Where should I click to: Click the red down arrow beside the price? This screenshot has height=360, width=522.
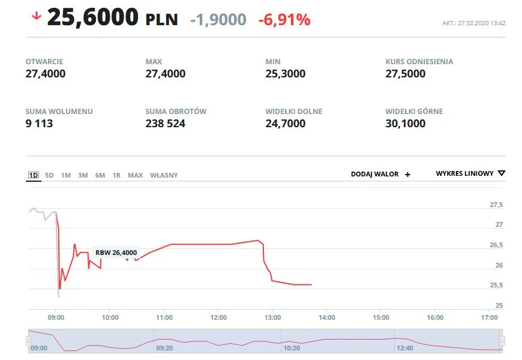click(x=36, y=16)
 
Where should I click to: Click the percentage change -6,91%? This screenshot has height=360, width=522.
click(x=284, y=20)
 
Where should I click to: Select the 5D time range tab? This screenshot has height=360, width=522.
click(x=49, y=175)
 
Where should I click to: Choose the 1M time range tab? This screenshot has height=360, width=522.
click(x=66, y=175)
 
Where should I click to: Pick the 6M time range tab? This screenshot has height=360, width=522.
click(x=100, y=175)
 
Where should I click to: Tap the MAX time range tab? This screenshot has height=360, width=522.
click(x=135, y=175)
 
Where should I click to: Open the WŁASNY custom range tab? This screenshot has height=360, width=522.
click(x=164, y=175)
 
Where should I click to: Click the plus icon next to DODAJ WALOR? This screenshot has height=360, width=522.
click(x=408, y=175)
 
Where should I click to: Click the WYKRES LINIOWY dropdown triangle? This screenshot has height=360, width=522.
click(x=502, y=173)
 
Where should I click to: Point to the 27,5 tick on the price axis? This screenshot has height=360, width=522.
click(x=496, y=205)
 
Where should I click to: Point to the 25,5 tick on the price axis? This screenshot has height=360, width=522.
click(x=496, y=285)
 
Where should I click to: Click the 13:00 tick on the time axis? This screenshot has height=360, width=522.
click(x=272, y=317)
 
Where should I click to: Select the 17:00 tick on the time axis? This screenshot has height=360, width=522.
click(x=490, y=317)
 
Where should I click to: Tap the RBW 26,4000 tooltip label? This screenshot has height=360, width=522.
click(x=116, y=253)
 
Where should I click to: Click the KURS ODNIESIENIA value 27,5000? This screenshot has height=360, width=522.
click(x=405, y=74)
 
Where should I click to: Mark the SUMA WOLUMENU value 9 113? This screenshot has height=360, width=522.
click(x=39, y=124)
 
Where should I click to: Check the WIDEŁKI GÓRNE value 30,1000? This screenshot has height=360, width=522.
click(x=405, y=124)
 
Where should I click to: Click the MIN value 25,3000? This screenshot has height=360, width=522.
click(x=285, y=74)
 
